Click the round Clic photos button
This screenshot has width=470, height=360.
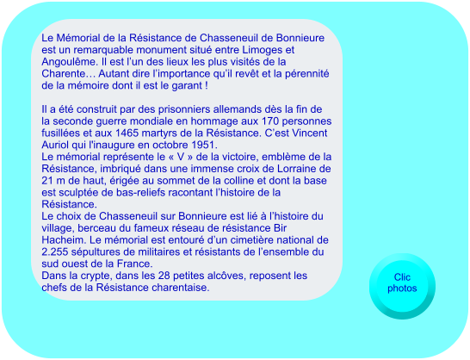pyautogui.click(x=401, y=282)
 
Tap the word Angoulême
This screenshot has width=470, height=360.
pyautogui.click(x=70, y=63)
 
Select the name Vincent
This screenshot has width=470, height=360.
pyautogui.click(x=305, y=133)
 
